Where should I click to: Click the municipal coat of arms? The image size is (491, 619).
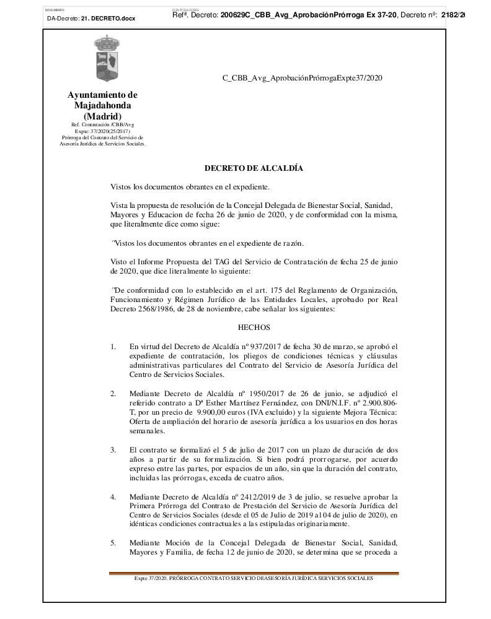click(x=102, y=58)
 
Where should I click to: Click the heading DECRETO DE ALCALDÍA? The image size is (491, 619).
click(x=254, y=168)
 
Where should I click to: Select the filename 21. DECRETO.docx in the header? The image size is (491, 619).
click(x=108, y=19)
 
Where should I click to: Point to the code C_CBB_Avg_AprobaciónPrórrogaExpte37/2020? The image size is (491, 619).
click(x=302, y=78)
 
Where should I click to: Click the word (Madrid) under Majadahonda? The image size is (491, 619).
click(x=102, y=116)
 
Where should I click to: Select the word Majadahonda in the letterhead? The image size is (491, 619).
click(x=102, y=106)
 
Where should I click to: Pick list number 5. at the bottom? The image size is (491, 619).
click(x=113, y=543)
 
